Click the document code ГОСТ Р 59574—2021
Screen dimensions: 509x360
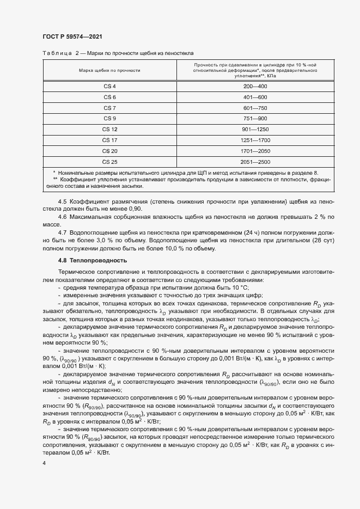pyautogui.click(x=72, y=36)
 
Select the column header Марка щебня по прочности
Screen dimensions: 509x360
pyautogui.click(x=109, y=71)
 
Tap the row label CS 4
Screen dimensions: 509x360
pyautogui.click(x=109, y=87)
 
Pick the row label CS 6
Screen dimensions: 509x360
pyautogui.click(x=109, y=97)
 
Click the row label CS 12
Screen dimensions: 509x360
pyautogui.click(x=109, y=129)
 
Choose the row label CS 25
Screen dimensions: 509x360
pyautogui.click(x=109, y=162)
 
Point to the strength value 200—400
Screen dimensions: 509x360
pyautogui.click(x=255, y=87)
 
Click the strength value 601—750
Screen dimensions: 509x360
pyautogui.click(x=255, y=108)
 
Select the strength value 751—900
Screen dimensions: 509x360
pyautogui.click(x=255, y=119)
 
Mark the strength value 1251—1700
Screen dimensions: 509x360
pyautogui.click(x=255, y=140)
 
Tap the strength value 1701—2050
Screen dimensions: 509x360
pyautogui.click(x=255, y=151)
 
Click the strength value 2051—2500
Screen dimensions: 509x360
pyautogui.click(x=255, y=162)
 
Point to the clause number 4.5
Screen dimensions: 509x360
pyautogui.click(x=62, y=201)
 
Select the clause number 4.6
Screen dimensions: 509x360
pyautogui.click(x=62, y=217)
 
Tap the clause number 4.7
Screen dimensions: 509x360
pyautogui.click(x=62, y=233)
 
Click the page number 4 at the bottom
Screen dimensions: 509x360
pyautogui.click(x=44, y=462)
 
